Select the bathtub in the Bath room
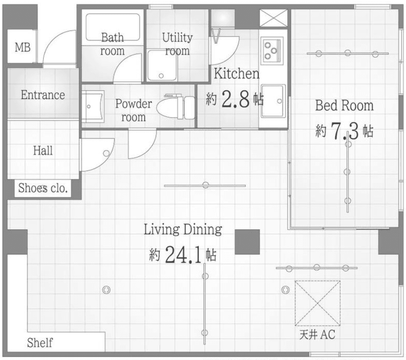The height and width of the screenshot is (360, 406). [113, 27]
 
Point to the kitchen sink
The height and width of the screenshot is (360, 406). [273, 101]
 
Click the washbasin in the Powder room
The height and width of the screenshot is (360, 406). [93, 106]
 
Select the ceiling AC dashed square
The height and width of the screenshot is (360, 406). [317, 303]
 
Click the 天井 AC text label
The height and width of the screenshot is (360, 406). [317, 334]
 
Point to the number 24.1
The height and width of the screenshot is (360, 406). [183, 255]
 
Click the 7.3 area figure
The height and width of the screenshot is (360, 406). [345, 131]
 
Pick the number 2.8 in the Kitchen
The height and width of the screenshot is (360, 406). [235, 98]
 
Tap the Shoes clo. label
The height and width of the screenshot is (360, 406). [43, 188]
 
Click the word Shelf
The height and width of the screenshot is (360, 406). [40, 343]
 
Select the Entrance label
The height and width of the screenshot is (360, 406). [43, 95]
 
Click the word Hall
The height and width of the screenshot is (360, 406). [43, 151]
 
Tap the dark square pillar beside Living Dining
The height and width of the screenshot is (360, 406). [247, 242]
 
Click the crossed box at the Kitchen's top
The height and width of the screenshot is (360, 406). [273, 18]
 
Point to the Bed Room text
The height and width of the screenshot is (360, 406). [344, 106]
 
